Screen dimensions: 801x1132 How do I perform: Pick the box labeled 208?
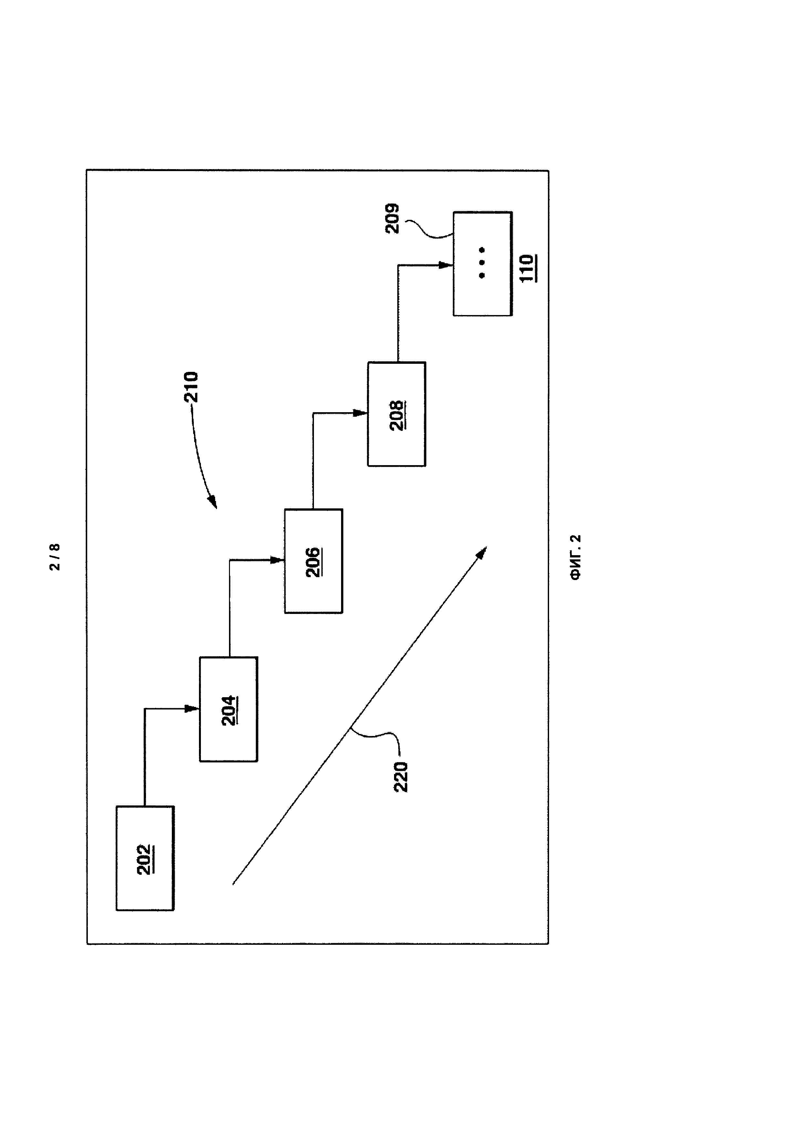(x=397, y=414)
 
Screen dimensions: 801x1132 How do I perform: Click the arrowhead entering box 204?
(x=192, y=709)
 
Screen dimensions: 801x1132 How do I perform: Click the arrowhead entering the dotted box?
(x=446, y=265)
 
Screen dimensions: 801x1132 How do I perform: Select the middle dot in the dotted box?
(x=482, y=263)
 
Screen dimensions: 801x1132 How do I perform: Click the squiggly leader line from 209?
(x=427, y=229)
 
